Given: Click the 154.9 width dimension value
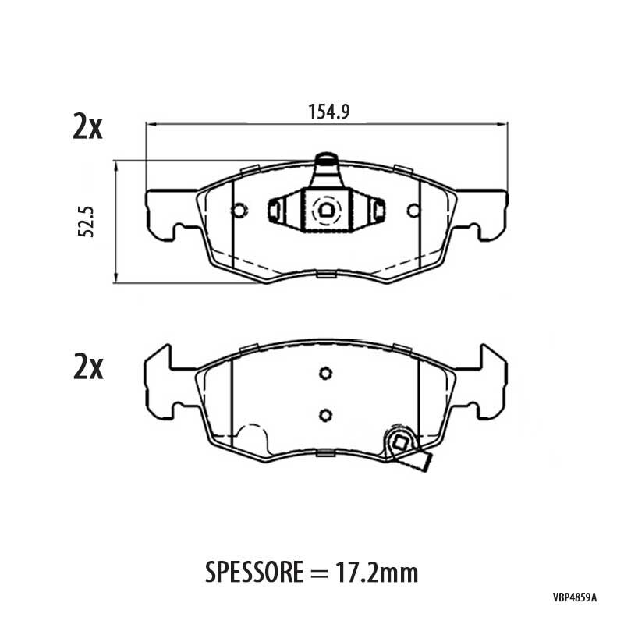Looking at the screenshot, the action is (x=328, y=112).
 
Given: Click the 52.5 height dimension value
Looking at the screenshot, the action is (x=86, y=222).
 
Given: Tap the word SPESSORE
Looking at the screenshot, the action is (x=254, y=573).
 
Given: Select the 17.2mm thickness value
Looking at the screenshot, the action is (x=377, y=573).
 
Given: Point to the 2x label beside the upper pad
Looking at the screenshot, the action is (x=87, y=126).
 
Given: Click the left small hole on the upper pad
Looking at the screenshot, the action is (x=239, y=210).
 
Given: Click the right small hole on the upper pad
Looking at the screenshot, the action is (x=413, y=210).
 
